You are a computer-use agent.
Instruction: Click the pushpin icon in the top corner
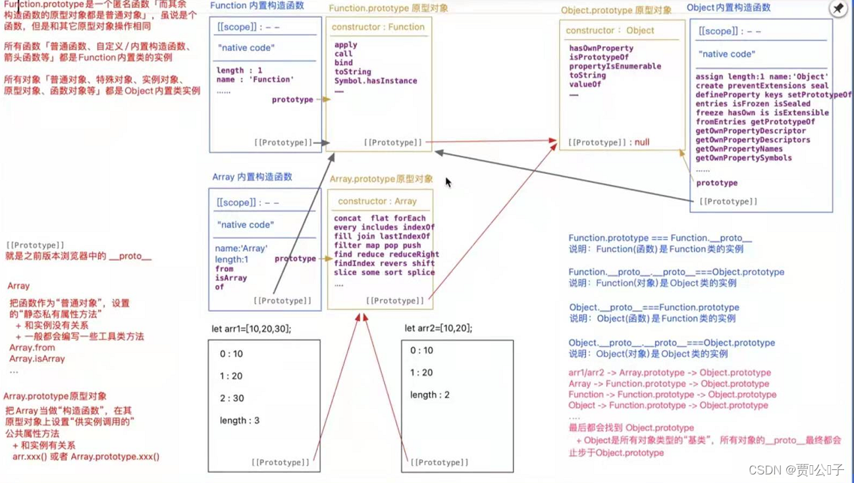coord(838,9)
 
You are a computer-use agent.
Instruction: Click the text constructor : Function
coord(378,27)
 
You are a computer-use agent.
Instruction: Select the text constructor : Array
coord(377,201)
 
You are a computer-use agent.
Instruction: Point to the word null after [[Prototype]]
coord(642,142)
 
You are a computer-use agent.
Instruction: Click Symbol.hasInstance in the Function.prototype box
coord(375,81)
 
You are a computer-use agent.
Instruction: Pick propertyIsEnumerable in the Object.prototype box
coord(615,66)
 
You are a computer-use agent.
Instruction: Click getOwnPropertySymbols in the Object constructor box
coord(743,158)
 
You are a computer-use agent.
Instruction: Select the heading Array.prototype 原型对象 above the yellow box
coord(381,179)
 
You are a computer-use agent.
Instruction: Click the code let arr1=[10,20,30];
coord(251,328)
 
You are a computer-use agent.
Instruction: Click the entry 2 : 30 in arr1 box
coord(232,398)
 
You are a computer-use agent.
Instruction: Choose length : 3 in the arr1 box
coord(240,420)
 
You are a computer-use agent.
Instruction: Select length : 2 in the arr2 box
coord(429,395)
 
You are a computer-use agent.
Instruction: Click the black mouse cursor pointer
coord(448,182)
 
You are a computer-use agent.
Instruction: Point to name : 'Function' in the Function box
coord(255,80)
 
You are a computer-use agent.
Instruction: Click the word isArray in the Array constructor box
coord(230,278)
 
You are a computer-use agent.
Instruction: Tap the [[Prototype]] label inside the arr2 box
coord(439,462)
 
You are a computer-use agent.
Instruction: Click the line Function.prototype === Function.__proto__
coord(660,238)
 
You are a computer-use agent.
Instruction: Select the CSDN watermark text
coord(796,470)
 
